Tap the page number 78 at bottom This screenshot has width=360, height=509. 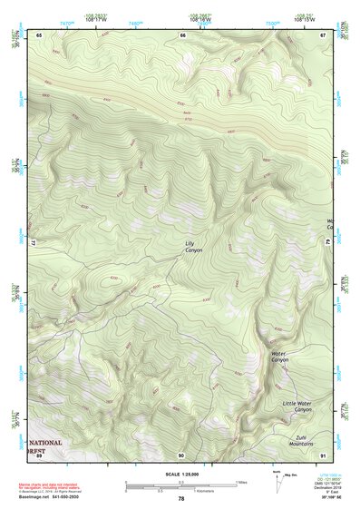[181, 498]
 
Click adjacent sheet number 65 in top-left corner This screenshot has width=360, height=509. [39, 34]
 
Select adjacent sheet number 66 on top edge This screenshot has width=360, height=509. [183, 34]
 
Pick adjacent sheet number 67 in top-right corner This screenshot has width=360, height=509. [323, 34]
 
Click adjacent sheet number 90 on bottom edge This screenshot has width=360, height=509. [181, 454]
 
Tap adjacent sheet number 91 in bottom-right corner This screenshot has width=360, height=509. [323, 454]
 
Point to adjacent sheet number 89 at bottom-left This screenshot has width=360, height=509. [39, 454]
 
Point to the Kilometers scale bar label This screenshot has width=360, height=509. [210, 492]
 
